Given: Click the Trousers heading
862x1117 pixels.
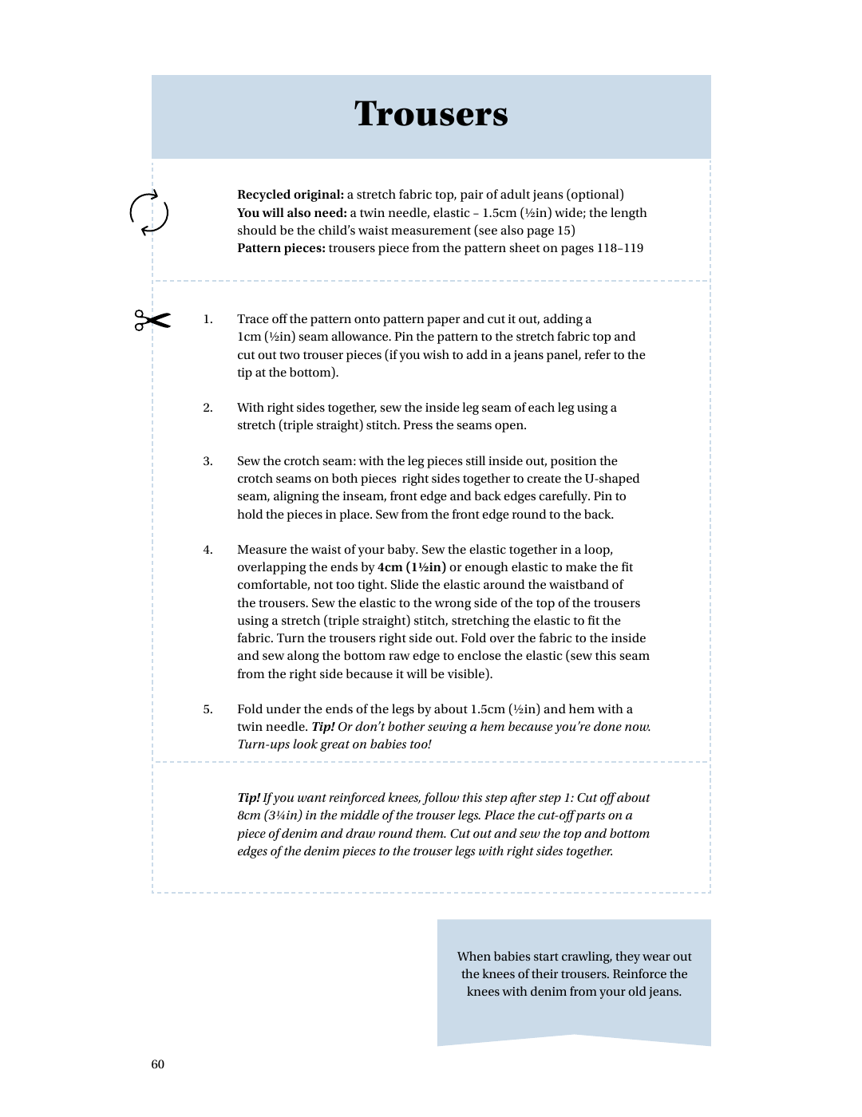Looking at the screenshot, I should [431, 114].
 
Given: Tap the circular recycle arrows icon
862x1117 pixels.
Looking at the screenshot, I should [149, 213].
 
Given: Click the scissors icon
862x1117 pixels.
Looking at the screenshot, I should [152, 320].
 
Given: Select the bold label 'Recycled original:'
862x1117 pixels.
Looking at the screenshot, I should [291, 195].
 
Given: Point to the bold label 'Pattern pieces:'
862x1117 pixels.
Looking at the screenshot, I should [281, 248].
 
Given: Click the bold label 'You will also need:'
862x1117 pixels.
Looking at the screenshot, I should [291, 213].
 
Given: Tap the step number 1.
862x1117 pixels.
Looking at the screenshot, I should [208, 319].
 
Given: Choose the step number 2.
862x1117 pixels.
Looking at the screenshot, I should [208, 408].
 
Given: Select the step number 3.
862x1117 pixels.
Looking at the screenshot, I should [208, 461].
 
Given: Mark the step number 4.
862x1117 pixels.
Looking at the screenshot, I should [208, 550].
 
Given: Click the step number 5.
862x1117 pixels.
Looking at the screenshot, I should [208, 709].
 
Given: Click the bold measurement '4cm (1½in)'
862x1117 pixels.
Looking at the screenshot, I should [412, 567].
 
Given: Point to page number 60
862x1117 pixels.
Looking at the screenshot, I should [158, 1064].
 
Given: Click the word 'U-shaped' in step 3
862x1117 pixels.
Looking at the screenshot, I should [612, 479].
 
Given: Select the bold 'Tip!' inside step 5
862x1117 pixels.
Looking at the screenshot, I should [323, 727].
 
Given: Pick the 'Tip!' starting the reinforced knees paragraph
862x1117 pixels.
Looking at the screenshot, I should [249, 798].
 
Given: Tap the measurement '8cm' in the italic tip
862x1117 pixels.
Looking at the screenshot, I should [249, 815].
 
